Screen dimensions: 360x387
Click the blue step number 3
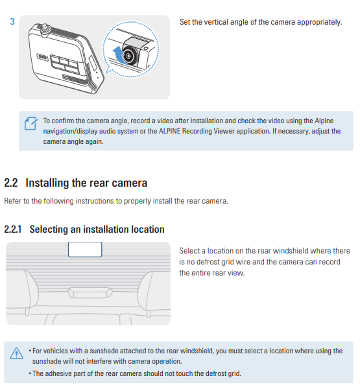[12, 21]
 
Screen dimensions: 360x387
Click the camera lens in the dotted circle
[128, 56]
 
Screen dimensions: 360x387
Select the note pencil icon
[31, 123]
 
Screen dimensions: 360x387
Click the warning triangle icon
[17, 353]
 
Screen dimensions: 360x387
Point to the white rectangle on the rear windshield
[85, 250]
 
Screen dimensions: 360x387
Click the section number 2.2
[11, 183]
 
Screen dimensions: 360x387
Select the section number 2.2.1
[12, 229]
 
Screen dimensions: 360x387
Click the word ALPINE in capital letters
[170, 131]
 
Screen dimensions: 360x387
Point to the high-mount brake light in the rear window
[90, 293]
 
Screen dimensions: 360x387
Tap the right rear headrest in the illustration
[154, 291]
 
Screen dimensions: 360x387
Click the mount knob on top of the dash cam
[45, 28]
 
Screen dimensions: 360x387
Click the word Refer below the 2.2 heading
[12, 201]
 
